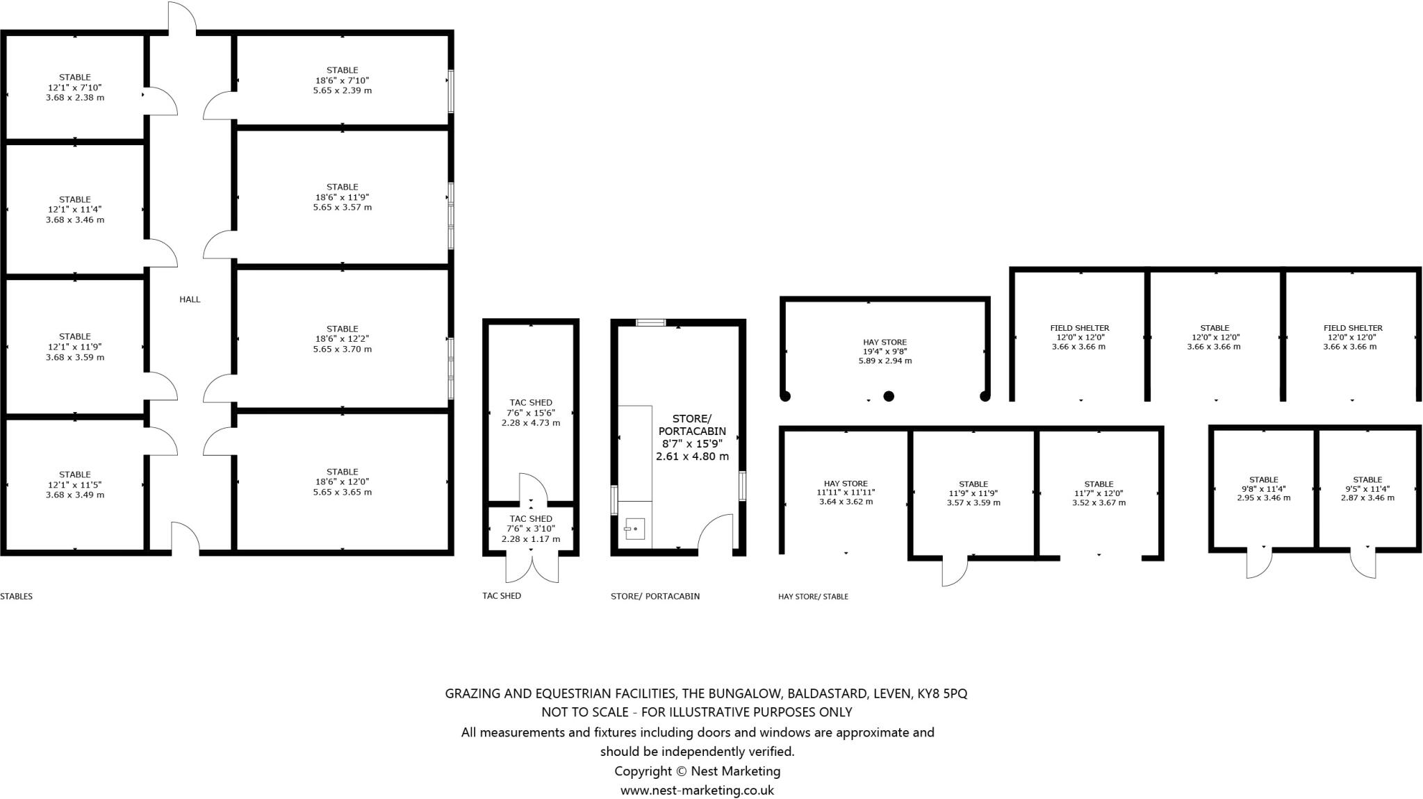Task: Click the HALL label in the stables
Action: [190, 299]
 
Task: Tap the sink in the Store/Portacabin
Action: [634, 529]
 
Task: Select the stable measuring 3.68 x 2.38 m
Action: [75, 88]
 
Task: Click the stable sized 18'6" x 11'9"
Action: [342, 197]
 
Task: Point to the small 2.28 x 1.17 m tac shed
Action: [531, 529]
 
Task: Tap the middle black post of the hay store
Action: [888, 396]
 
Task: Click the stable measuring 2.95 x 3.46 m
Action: [1263, 488]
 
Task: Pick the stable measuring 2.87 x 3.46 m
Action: [1367, 488]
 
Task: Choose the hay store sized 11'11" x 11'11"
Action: [846, 493]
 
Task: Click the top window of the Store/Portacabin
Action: [651, 322]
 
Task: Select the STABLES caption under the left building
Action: [17, 596]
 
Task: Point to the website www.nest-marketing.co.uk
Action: [697, 790]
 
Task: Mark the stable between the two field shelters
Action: [1214, 337]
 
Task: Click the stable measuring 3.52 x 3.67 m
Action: [1099, 493]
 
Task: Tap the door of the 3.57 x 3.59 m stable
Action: [954, 571]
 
